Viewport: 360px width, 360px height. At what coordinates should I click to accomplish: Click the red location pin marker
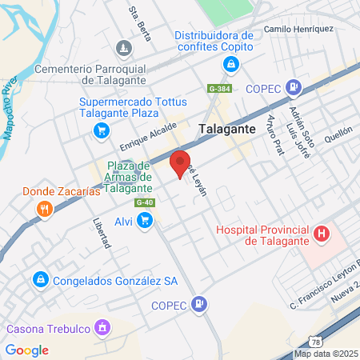(180, 162)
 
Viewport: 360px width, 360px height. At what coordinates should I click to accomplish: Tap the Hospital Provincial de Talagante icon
(322, 234)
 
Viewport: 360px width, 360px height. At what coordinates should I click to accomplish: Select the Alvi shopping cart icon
(145, 222)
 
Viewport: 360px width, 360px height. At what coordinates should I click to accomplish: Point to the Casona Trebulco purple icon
(102, 327)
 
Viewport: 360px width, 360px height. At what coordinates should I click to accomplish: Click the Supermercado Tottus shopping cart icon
(102, 130)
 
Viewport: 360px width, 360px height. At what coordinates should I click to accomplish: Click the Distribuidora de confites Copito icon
(228, 65)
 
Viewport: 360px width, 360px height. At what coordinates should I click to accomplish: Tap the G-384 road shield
(219, 89)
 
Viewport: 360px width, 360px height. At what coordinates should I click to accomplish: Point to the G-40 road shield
(145, 202)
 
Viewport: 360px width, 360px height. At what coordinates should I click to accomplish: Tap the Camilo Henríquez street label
(298, 30)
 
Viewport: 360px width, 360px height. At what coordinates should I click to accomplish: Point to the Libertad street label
(100, 233)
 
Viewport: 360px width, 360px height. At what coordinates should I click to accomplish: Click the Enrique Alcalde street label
(148, 138)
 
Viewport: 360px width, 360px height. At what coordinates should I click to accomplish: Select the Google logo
(27, 350)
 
